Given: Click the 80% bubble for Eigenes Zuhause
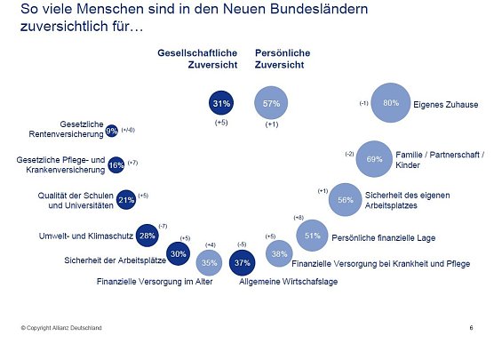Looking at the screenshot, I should point(390,103).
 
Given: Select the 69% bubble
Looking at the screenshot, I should point(374,159).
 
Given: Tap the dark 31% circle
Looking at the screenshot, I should point(221,104).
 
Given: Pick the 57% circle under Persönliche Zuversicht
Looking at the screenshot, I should point(272,104).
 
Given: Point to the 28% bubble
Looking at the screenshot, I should point(147,236).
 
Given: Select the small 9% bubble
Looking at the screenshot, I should point(112,131).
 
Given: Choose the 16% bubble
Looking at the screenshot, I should point(116,164).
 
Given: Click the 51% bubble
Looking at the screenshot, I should point(312,236).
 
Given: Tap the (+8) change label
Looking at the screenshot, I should point(298,218).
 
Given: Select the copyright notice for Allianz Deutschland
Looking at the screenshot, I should point(61,328).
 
